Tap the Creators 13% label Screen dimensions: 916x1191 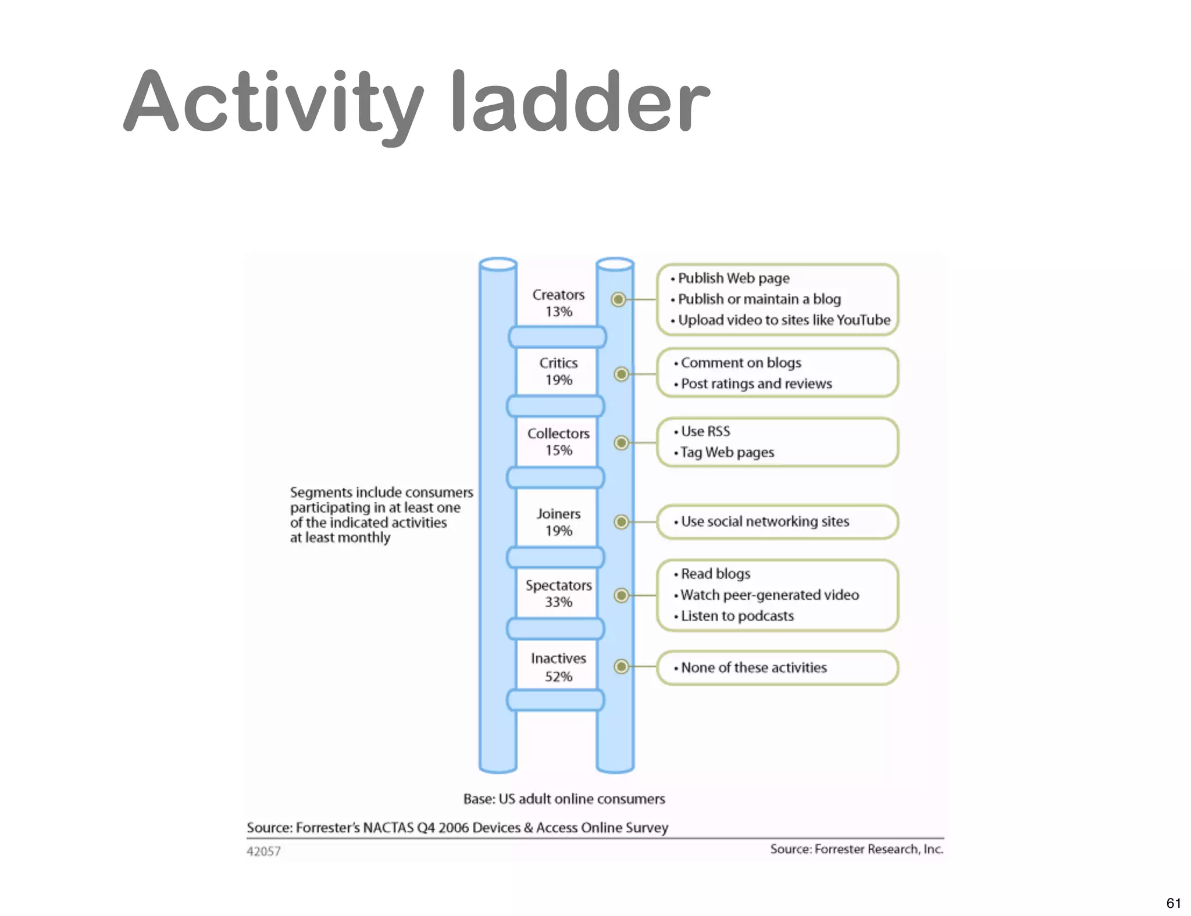[x=558, y=303]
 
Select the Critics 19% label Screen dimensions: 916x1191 [x=558, y=371]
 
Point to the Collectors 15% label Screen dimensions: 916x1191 [x=558, y=442]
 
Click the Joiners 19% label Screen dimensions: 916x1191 [x=558, y=522]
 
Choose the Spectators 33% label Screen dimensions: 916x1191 [x=558, y=593]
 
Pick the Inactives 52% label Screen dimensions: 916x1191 [x=558, y=667]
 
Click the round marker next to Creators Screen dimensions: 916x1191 [x=618, y=299]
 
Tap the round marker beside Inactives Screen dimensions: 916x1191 [x=621, y=666]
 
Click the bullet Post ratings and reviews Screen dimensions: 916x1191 [x=755, y=384]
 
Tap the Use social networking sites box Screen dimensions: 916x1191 [x=777, y=521]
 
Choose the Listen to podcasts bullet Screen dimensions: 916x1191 [x=737, y=616]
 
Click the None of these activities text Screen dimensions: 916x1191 [x=753, y=668]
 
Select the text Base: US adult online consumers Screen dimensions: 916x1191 [x=564, y=799]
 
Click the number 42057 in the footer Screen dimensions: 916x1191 [x=263, y=851]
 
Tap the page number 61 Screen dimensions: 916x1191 [x=1173, y=903]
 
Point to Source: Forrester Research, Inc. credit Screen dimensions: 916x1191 [x=856, y=849]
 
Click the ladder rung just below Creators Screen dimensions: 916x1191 [x=557, y=337]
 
